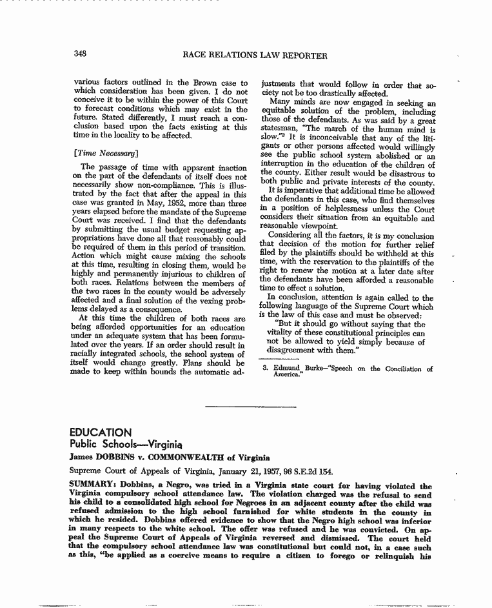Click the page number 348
tap(81, 55)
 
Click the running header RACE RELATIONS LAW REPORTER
tap(255, 56)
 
